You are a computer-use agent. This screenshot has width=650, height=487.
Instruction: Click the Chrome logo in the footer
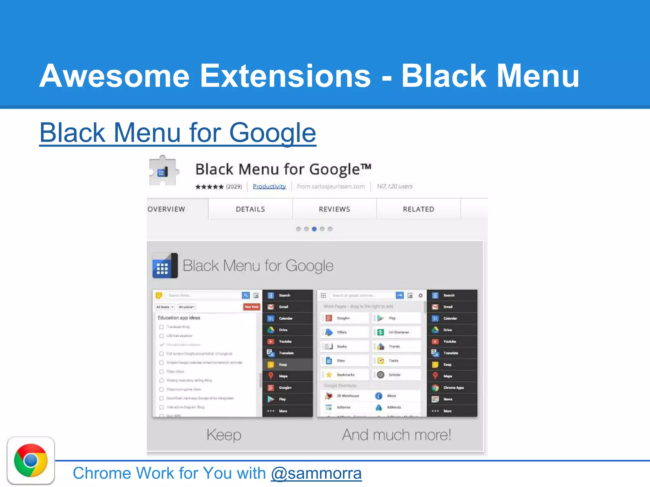(x=31, y=460)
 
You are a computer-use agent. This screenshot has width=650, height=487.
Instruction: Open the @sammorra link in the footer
(x=316, y=473)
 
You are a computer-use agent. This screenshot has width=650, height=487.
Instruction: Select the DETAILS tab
(x=250, y=209)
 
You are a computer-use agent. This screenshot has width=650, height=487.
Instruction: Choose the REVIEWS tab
(x=335, y=209)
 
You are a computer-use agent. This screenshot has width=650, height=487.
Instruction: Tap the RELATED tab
(x=419, y=209)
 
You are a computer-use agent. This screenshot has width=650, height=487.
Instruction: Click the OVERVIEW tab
(x=167, y=209)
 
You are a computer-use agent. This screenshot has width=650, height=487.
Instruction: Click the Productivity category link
(x=269, y=186)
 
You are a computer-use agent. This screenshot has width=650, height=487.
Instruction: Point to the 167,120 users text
(x=395, y=186)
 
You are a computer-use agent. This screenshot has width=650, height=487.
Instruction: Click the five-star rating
(x=209, y=187)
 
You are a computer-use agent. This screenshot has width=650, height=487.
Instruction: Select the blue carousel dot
(x=314, y=229)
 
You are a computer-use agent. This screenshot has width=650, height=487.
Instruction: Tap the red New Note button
(x=252, y=307)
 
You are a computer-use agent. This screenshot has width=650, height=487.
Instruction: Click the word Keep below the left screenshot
(x=224, y=435)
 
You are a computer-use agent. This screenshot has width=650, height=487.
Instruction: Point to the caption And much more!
(x=396, y=435)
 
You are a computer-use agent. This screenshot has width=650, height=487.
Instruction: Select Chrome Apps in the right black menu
(x=453, y=388)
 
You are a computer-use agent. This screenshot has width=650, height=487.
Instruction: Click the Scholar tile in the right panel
(x=395, y=375)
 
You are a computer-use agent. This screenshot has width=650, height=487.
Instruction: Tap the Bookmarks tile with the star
(x=345, y=375)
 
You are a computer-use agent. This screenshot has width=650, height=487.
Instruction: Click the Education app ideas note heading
(x=179, y=318)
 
